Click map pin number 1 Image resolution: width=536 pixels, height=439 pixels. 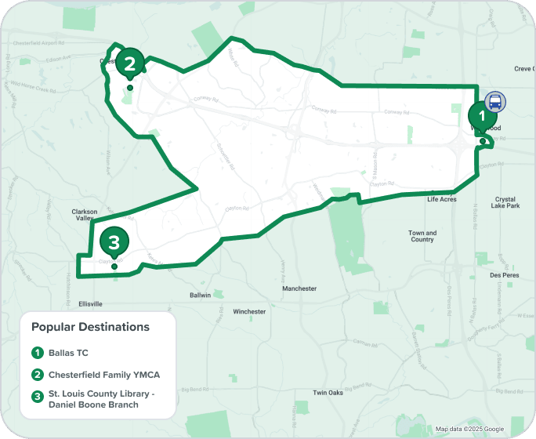click(x=483, y=116)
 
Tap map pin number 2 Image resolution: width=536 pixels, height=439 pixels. click(x=130, y=62)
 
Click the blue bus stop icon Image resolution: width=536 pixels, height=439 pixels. click(x=495, y=101)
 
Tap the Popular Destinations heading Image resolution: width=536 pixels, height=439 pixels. click(x=90, y=326)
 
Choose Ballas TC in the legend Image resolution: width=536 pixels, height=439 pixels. click(x=68, y=353)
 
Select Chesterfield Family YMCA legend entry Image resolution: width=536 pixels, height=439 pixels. click(x=103, y=375)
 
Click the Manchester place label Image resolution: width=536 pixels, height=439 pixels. click(x=299, y=288)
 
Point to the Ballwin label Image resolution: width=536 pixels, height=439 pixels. click(x=201, y=296)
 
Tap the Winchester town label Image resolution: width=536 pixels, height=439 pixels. click(x=250, y=311)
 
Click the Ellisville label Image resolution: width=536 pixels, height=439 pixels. click(x=91, y=303)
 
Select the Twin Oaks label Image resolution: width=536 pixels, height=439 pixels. click(x=328, y=393)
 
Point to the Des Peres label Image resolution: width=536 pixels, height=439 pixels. click(x=505, y=275)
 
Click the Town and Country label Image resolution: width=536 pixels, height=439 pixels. click(x=422, y=236)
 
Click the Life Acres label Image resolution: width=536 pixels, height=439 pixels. click(x=442, y=200)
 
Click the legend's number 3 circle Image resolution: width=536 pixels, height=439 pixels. click(x=37, y=397)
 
